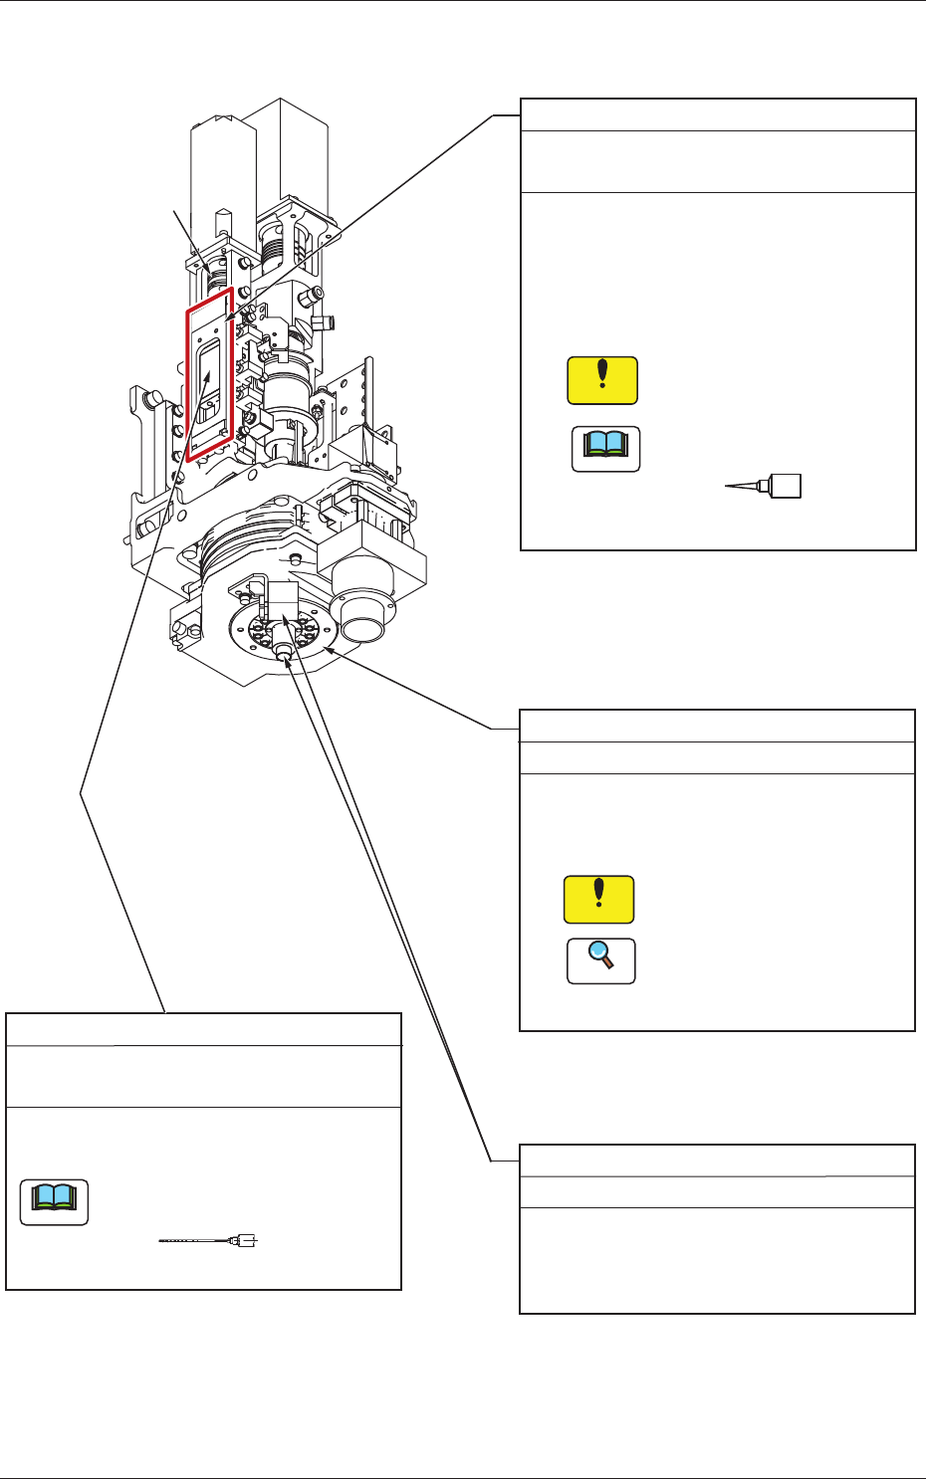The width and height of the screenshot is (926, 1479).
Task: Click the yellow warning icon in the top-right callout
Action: [602, 380]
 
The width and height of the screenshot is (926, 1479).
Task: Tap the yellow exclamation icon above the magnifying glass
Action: [598, 900]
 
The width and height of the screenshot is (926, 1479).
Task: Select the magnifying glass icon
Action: [600, 961]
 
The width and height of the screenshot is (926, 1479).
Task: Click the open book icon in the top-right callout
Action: [605, 449]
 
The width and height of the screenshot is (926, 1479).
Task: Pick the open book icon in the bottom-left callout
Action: [55, 1202]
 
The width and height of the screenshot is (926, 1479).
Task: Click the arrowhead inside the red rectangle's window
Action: [208, 373]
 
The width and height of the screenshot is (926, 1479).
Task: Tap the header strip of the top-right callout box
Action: [718, 114]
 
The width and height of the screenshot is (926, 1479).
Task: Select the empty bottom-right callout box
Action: [717, 1260]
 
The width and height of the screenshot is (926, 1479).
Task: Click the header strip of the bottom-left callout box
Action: [203, 1029]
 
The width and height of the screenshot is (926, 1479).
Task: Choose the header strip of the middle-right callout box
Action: [717, 726]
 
